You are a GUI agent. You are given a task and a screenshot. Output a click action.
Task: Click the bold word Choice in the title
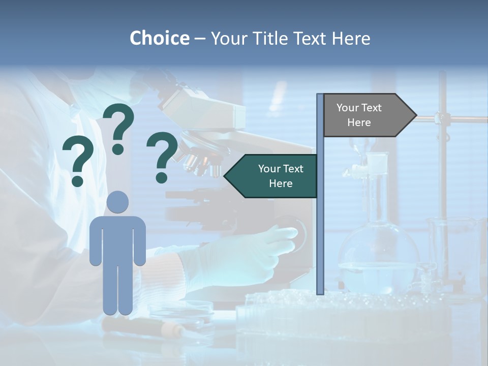point(159,38)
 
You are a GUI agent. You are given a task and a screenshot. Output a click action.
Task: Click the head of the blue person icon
point(118,202)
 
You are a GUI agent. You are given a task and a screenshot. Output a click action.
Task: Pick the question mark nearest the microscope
point(162,157)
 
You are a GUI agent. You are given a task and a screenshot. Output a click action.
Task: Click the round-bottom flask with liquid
point(378,254)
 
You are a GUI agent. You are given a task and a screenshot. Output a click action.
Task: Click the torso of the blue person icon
point(118,239)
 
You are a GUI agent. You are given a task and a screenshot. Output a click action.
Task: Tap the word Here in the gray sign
point(359,123)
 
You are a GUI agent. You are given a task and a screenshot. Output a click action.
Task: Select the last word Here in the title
point(351,38)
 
